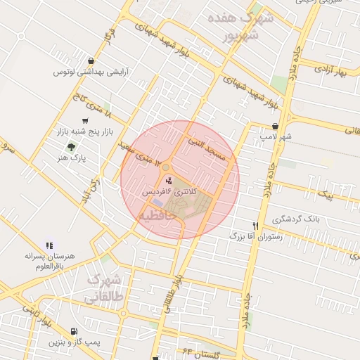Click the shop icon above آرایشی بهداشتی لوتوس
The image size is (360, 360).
click(x=91, y=61)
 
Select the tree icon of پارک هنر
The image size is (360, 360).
click(x=70, y=147)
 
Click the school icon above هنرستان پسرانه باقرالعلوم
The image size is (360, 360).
click(x=49, y=245)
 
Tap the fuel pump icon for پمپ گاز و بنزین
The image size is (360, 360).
click(x=75, y=331)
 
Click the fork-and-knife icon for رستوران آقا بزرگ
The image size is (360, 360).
click(x=256, y=226)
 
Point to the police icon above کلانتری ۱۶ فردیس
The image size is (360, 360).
click(x=167, y=181)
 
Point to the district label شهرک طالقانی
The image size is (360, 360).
click(x=104, y=288)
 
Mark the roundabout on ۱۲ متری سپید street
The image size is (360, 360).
click(x=166, y=167)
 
